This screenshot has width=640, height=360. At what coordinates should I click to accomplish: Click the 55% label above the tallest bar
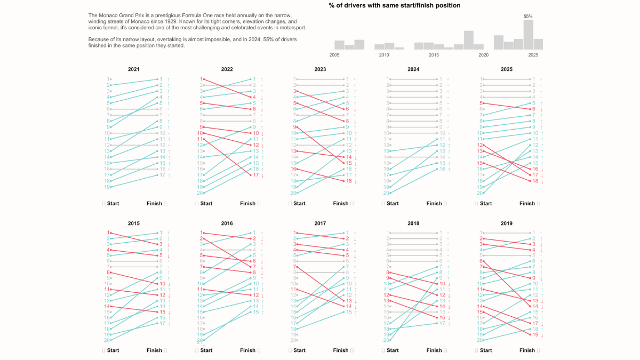[x=528, y=16]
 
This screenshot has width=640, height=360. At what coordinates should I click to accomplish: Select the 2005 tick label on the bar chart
[x=334, y=55]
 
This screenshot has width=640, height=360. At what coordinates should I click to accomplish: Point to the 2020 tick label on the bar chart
[x=483, y=55]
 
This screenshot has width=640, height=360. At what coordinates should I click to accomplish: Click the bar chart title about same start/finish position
[x=395, y=5]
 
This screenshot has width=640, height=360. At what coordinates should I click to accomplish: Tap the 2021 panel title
[x=134, y=69]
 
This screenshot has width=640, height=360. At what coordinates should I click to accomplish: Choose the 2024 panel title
[x=413, y=69]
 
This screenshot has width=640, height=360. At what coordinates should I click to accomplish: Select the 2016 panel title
[x=227, y=223]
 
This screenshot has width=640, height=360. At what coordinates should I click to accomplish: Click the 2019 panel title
[x=506, y=223]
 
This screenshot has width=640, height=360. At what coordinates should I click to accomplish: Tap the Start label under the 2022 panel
[x=206, y=203]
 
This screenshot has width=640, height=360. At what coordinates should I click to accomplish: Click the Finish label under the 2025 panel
[x=527, y=203]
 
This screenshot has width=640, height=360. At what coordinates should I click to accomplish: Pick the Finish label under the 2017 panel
[x=341, y=350]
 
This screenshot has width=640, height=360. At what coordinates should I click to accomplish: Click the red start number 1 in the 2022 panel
[x=202, y=79]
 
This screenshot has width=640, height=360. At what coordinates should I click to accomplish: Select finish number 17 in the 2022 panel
[x=255, y=175]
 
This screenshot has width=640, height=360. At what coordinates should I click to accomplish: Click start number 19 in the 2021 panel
[x=108, y=187]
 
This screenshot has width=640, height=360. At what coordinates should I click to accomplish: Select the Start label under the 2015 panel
[x=113, y=350]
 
